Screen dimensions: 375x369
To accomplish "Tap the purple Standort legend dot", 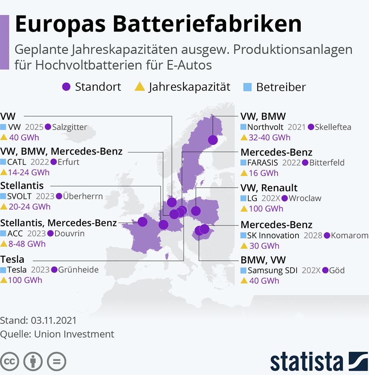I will click(x=66, y=87).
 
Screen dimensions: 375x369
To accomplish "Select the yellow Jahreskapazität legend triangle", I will click(x=139, y=87).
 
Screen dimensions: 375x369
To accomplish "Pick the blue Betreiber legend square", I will click(x=247, y=87).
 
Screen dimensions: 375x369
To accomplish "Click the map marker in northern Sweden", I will click(x=213, y=140).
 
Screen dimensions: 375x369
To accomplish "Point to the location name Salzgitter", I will click(x=70, y=127).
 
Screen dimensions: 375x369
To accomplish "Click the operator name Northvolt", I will click(x=265, y=127).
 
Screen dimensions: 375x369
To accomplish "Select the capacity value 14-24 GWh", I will click(x=29, y=172).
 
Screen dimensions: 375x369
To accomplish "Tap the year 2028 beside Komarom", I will click(x=313, y=235).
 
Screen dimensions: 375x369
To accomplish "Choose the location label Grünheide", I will click(x=79, y=270).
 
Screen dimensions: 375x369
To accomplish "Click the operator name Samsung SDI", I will click(x=273, y=271).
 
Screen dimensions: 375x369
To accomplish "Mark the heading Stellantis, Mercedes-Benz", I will click(x=59, y=223).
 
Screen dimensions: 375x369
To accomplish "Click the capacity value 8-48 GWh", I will click(x=27, y=244).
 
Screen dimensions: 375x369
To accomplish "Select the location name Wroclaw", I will click(x=305, y=198).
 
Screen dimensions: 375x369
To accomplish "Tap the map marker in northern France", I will click(x=142, y=222).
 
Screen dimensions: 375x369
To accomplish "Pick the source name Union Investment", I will click(x=74, y=334).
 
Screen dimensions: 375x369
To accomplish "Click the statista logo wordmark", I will click(x=306, y=361).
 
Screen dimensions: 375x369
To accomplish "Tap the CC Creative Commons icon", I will click(x=10, y=361).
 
